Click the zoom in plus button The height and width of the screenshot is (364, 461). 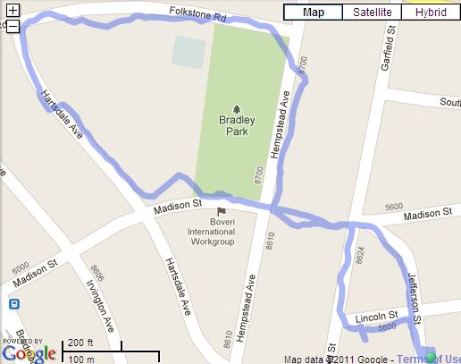tap(13, 12)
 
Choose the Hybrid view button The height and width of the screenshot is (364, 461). tap(430, 13)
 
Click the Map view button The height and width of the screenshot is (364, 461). tap(313, 13)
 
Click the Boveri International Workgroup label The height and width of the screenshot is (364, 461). tap(211, 237)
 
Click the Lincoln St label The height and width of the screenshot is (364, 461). tap(375, 317)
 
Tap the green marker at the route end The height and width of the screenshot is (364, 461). tap(432, 358)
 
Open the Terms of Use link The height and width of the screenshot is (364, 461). tap(429, 359)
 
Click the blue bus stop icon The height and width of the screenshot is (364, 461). tap(14, 304)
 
